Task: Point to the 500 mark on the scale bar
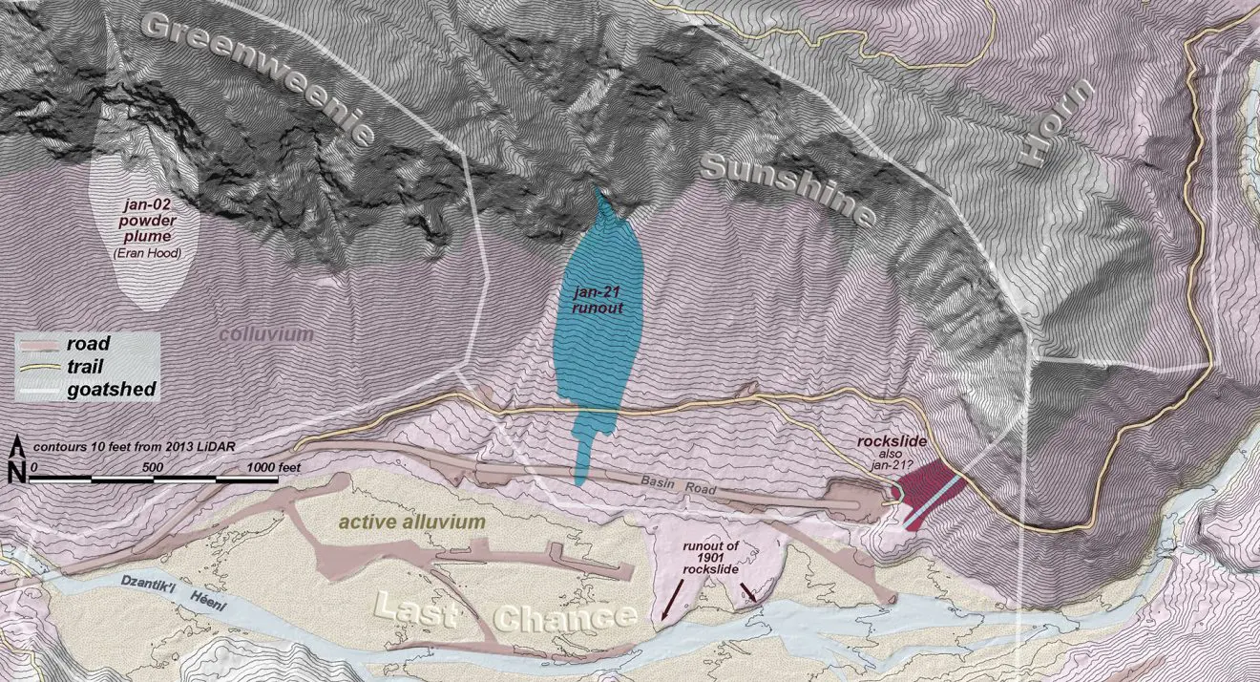(x=153, y=466)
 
